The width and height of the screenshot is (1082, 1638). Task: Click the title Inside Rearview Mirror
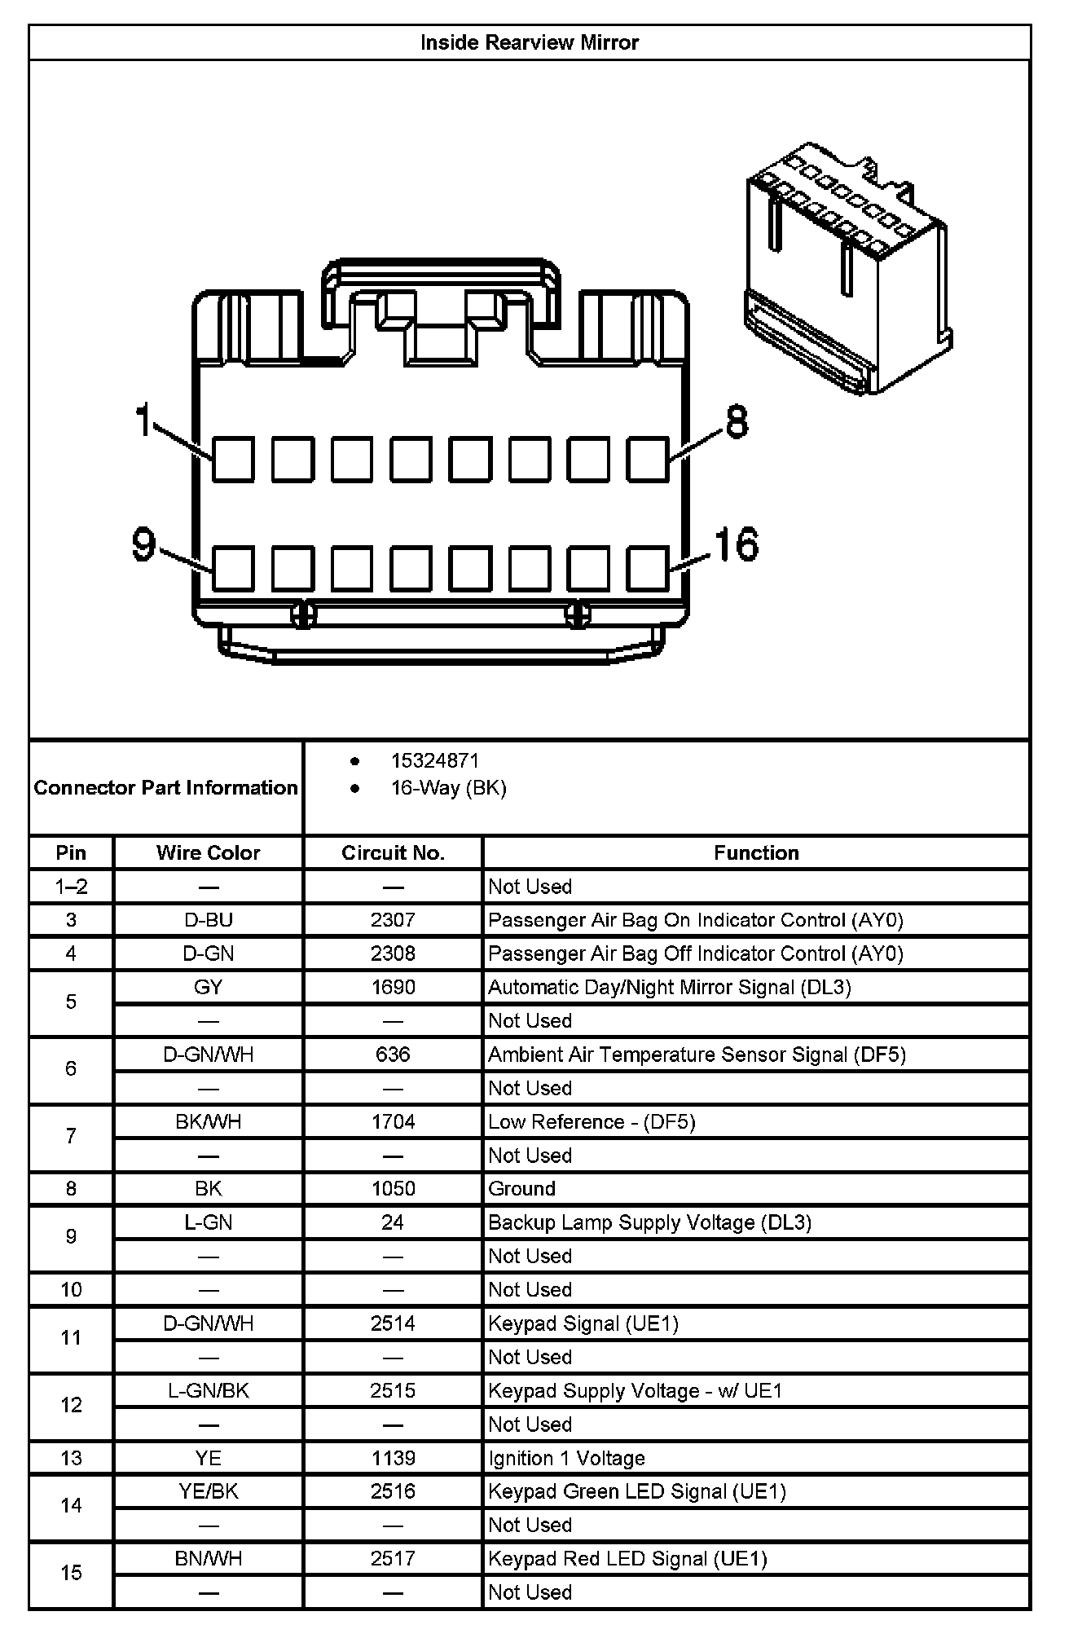click(x=529, y=42)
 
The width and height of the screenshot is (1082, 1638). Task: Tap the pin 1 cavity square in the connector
click(x=233, y=459)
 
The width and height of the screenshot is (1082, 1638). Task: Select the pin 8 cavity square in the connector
click(x=648, y=459)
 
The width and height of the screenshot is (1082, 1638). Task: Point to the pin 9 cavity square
click(x=233, y=568)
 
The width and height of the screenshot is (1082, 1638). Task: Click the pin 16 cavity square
click(x=648, y=568)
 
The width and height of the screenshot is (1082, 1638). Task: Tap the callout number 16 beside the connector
click(x=737, y=544)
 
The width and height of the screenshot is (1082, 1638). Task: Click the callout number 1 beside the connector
click(x=143, y=421)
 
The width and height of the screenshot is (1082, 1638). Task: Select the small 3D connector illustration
click(x=848, y=269)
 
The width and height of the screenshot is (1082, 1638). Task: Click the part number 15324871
click(x=435, y=760)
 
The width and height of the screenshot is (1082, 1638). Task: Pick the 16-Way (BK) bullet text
click(x=449, y=788)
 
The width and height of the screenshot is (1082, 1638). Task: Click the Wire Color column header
click(x=208, y=852)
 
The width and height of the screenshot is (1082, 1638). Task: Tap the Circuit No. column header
click(x=393, y=852)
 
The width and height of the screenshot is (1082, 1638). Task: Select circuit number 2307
click(x=393, y=920)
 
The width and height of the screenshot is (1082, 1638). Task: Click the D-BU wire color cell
click(x=208, y=920)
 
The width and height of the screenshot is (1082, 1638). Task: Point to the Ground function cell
click(x=521, y=1189)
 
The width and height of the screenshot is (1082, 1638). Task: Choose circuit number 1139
click(x=393, y=1458)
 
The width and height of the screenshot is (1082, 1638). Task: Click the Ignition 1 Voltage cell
click(x=566, y=1458)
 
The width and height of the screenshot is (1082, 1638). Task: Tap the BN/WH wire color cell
click(x=208, y=1559)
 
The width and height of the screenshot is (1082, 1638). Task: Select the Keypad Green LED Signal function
click(x=636, y=1491)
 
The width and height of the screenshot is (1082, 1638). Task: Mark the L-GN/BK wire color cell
click(x=208, y=1390)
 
